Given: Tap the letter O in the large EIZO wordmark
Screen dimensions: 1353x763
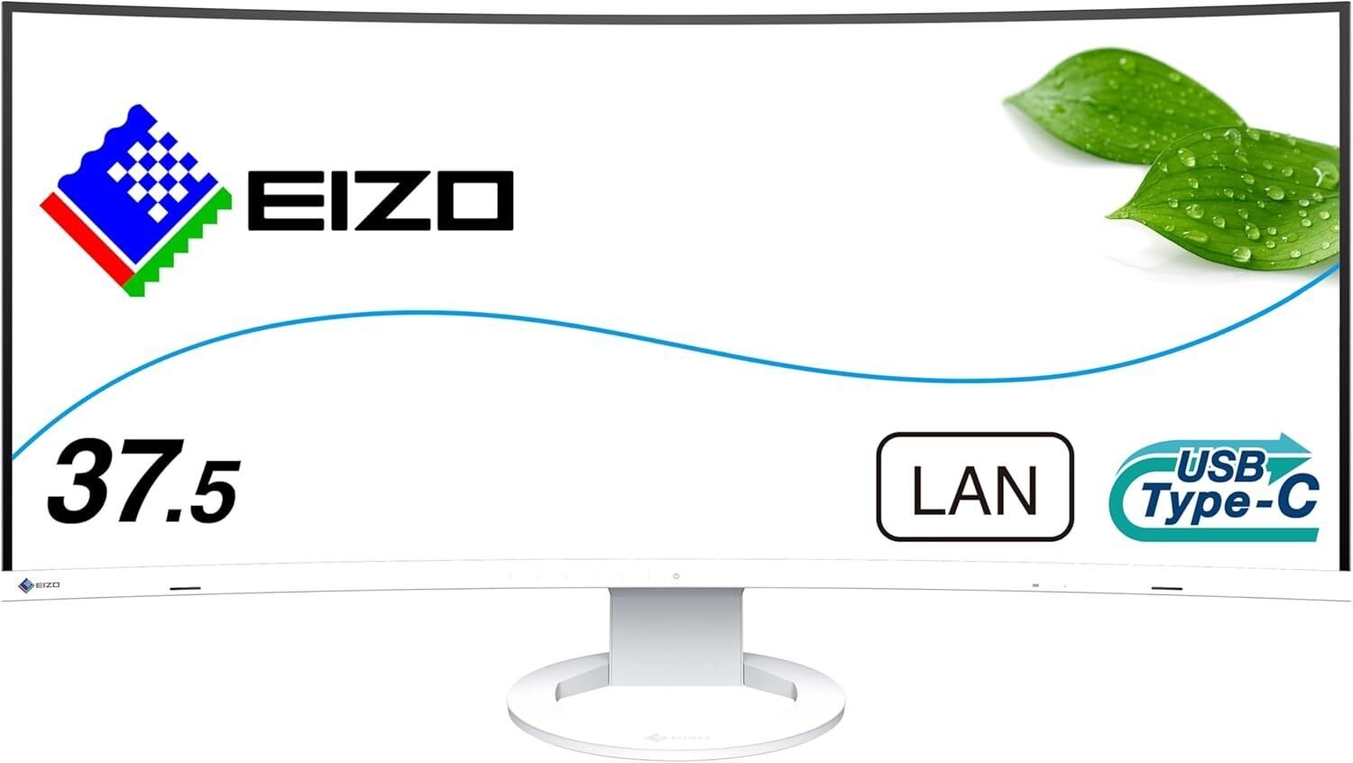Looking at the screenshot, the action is pos(472,199).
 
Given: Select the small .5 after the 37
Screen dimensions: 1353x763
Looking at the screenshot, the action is pos(202,494).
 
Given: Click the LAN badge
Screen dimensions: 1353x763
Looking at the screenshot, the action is pos(974,488).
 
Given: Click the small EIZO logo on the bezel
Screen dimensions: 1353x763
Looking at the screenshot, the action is pos(39,585).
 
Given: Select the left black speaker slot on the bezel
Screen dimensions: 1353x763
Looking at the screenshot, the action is pos(185,588).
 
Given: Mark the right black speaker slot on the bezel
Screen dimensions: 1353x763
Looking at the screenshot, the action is pos(1165,588).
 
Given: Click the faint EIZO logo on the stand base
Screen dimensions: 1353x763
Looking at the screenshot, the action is pos(676,736).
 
